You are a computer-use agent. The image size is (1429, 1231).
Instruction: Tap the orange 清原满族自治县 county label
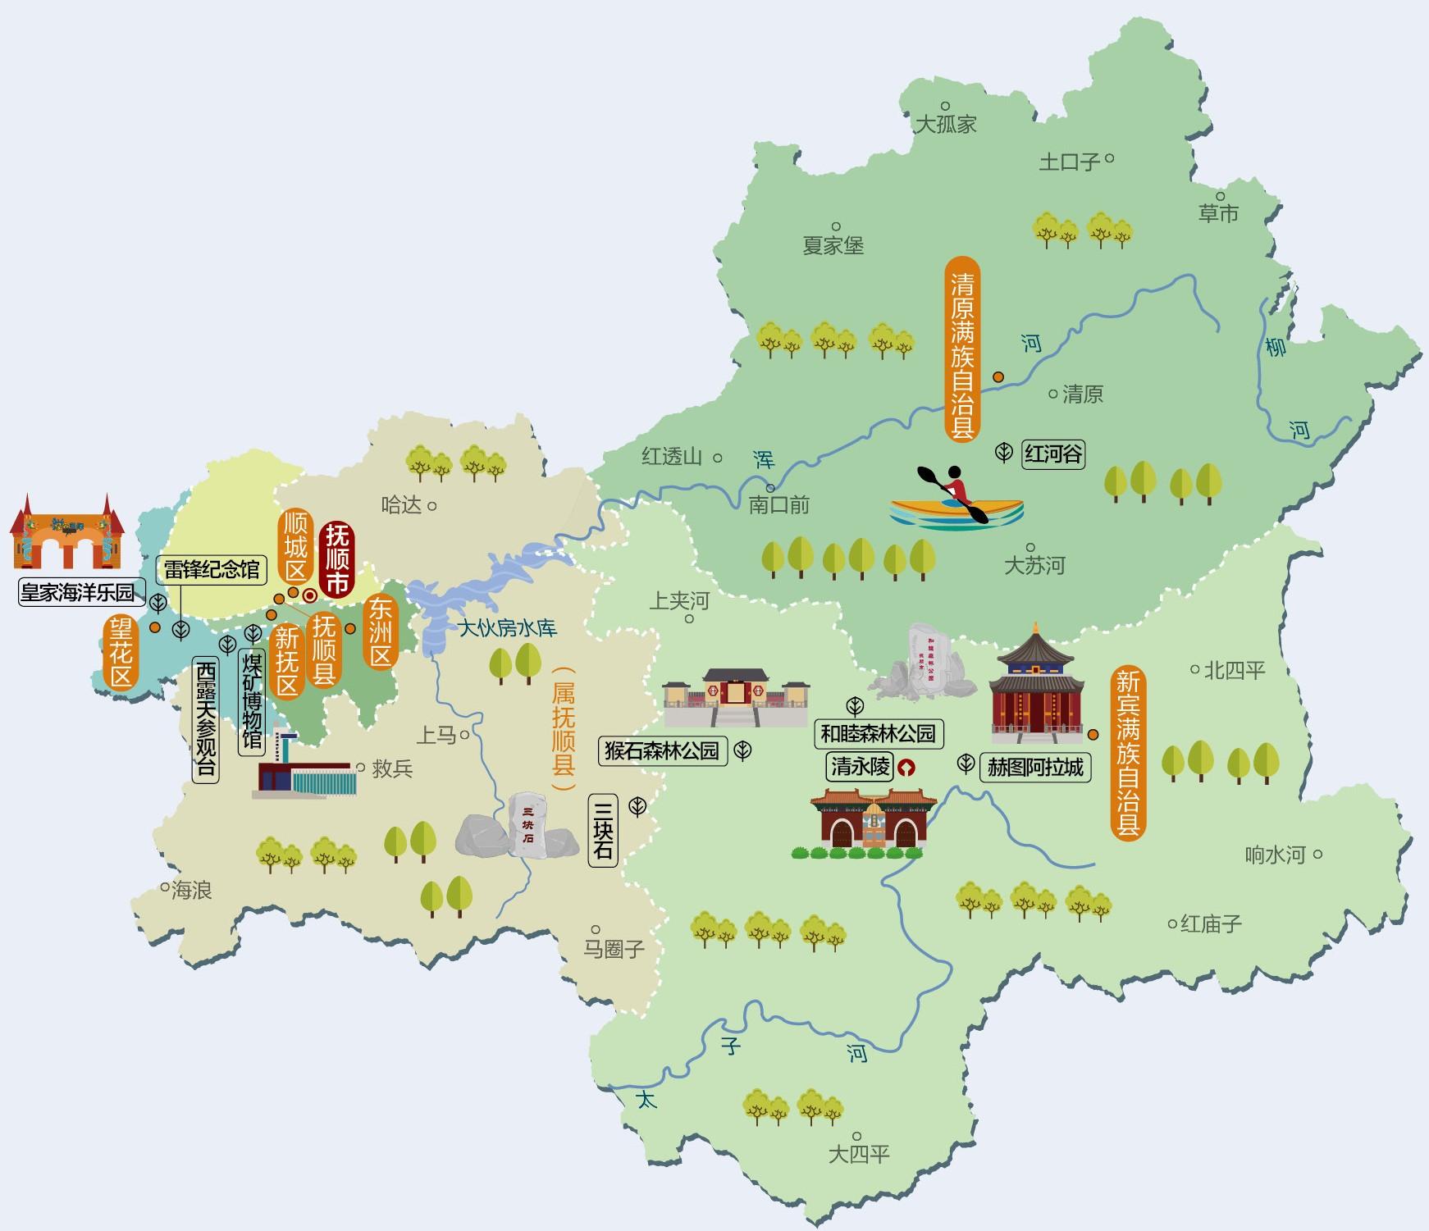click(x=961, y=349)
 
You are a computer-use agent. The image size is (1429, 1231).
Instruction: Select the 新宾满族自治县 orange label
click(x=1127, y=752)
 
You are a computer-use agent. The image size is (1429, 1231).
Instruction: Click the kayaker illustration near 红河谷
click(x=956, y=497)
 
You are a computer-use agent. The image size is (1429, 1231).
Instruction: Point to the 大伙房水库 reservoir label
click(x=507, y=628)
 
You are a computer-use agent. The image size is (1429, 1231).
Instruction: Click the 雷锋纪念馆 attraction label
click(x=212, y=570)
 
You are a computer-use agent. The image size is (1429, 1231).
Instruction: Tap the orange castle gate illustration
click(x=66, y=533)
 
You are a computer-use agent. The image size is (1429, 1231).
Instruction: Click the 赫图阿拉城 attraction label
click(x=1035, y=768)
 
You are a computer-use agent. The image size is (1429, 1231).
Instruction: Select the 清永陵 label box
click(x=860, y=767)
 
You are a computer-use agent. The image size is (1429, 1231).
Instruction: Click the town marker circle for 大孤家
click(x=945, y=106)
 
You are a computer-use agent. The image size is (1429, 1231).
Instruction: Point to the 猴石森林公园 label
click(x=662, y=750)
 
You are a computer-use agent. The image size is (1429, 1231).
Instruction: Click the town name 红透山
click(x=672, y=457)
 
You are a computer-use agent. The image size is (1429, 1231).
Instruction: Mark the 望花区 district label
click(x=121, y=653)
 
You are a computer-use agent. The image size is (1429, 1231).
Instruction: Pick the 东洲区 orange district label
click(x=381, y=631)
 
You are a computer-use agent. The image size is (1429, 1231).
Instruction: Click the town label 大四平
click(x=859, y=1155)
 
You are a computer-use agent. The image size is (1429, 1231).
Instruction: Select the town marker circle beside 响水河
click(x=1317, y=854)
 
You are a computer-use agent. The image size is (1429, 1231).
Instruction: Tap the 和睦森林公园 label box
click(x=878, y=732)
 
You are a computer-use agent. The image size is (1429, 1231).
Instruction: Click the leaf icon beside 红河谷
click(x=1004, y=452)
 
